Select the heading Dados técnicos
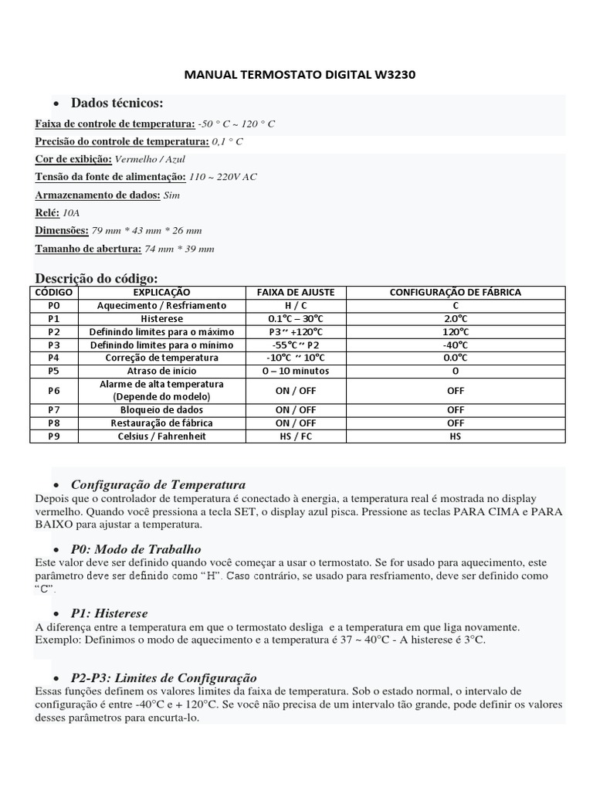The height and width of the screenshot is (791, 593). (117, 104)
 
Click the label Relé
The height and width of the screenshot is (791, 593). (47, 212)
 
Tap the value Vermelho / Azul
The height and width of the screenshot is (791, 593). (150, 159)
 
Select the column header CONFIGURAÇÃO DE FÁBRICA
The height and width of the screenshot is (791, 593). (455, 293)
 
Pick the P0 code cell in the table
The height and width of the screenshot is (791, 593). (53, 306)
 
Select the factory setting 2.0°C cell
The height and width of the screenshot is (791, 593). (455, 319)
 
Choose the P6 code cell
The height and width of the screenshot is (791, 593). (53, 391)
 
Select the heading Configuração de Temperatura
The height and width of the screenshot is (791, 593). (158, 484)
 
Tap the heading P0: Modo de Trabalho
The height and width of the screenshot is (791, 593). (136, 548)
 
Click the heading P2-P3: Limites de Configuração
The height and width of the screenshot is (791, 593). (164, 677)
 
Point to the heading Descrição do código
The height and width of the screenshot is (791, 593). (97, 278)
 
